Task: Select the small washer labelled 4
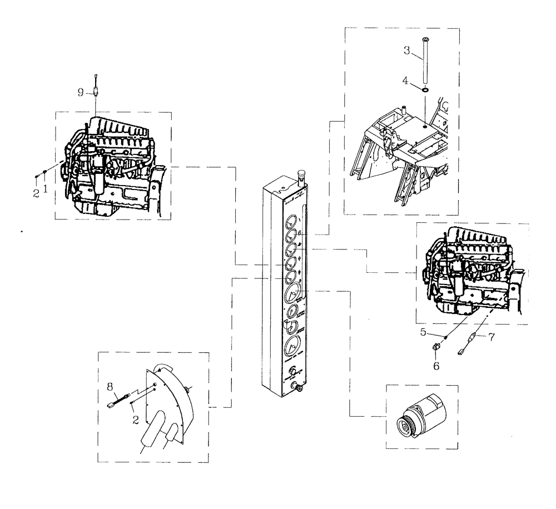[x=425, y=89]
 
